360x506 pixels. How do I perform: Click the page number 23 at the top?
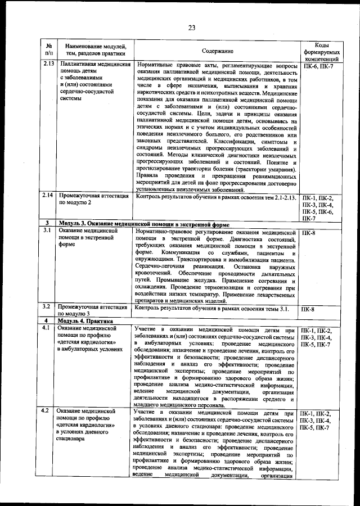point(191,28)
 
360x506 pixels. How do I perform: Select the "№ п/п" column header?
point(49,49)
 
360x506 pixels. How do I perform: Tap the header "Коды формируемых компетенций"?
point(321,51)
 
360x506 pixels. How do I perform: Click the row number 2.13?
point(49,65)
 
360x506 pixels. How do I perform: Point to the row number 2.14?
point(49,196)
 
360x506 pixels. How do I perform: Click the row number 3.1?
point(48,231)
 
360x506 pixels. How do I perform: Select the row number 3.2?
point(48,306)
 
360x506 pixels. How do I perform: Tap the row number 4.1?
point(48,328)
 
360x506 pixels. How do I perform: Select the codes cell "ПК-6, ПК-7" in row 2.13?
point(318,66)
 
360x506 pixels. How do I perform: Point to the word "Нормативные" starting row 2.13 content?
point(156,65)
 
